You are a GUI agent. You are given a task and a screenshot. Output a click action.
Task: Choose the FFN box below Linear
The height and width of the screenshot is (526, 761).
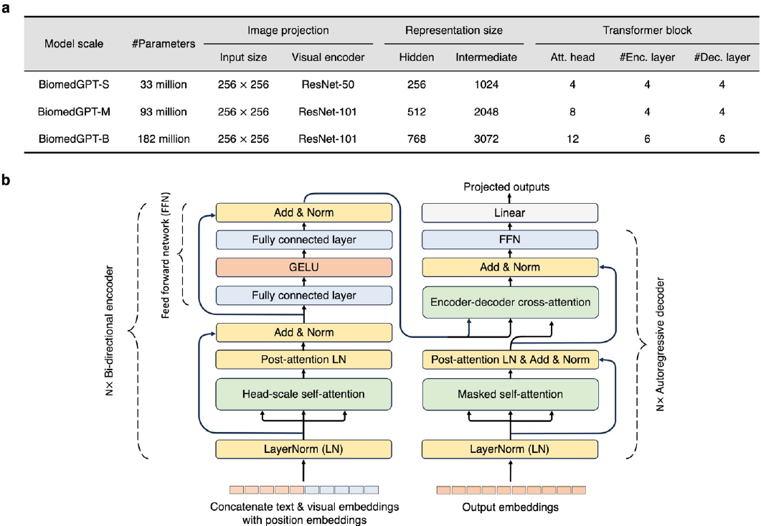510,240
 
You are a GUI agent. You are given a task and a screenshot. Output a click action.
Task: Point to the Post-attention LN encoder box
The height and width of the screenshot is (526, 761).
304,360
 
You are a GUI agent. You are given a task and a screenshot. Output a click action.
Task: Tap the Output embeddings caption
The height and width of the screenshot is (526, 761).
510,507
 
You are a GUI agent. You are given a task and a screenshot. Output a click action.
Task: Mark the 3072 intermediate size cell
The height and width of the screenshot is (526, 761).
486,139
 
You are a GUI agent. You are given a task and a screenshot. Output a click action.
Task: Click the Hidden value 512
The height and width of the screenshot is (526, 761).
416,112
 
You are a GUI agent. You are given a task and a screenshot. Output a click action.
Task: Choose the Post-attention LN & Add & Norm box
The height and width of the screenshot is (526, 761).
510,360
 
